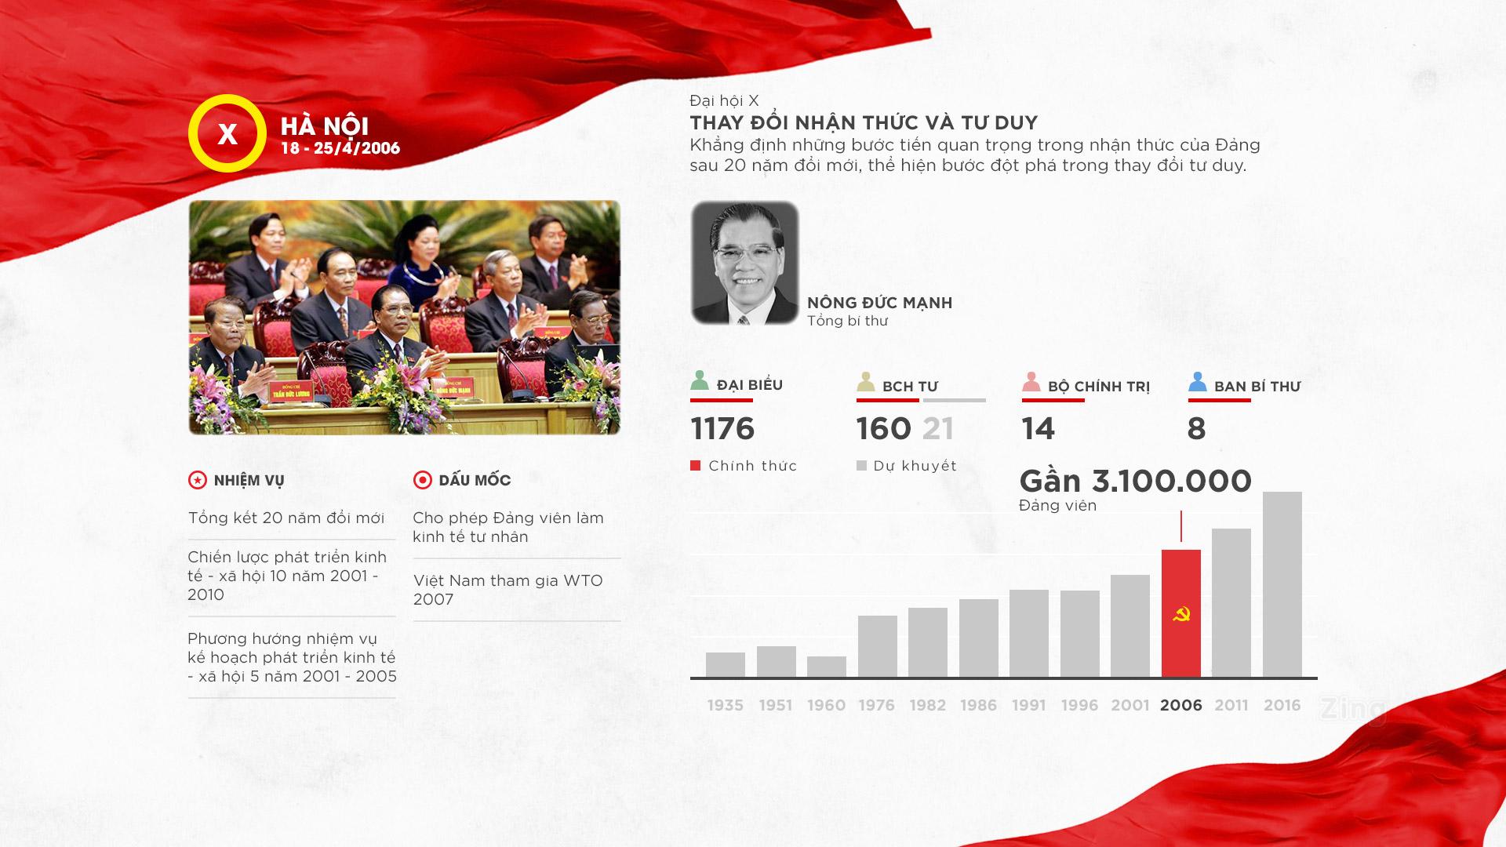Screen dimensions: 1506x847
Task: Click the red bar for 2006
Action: (x=1180, y=613)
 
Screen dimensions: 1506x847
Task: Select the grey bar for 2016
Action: (x=1282, y=584)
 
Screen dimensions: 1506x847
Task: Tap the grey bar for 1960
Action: (x=827, y=667)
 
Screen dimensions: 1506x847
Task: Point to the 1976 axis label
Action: (x=877, y=705)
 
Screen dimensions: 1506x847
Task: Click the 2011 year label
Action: (x=1231, y=705)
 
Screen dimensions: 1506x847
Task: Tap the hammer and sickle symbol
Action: (x=1180, y=614)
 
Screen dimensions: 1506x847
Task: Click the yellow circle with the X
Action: (x=227, y=133)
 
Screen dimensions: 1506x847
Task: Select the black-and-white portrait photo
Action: (x=744, y=263)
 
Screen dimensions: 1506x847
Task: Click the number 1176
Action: (x=722, y=429)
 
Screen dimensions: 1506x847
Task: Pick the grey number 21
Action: (x=938, y=429)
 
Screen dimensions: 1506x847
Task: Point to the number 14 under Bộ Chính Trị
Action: (x=1039, y=429)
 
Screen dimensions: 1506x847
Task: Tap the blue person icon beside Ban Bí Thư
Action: (x=1197, y=382)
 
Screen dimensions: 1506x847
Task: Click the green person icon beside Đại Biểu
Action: (x=700, y=380)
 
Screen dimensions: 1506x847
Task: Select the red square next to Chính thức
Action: (x=695, y=466)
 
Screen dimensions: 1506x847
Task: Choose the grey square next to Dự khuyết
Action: (x=861, y=466)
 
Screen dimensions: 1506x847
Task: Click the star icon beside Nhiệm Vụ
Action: (x=198, y=480)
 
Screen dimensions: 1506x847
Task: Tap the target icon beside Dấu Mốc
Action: (x=423, y=480)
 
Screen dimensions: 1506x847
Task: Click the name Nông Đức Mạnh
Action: (x=879, y=303)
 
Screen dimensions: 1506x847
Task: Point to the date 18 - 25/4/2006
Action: (x=340, y=147)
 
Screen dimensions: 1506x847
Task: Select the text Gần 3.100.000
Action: (x=1135, y=481)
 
